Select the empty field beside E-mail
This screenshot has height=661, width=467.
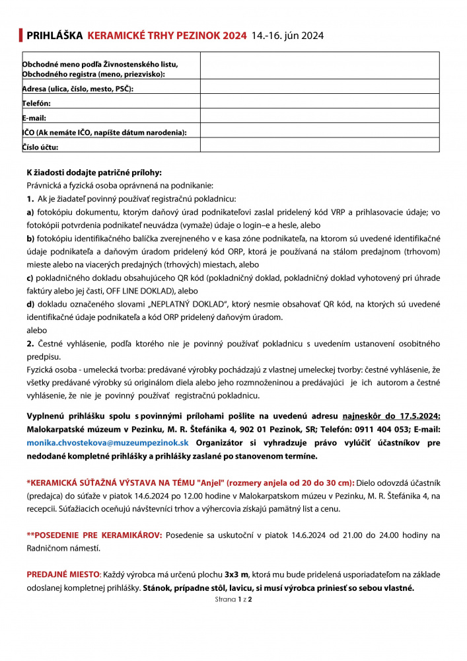[x=320, y=116]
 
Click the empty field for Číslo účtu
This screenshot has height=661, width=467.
[x=320, y=145]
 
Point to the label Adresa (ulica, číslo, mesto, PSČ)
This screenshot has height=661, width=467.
[x=78, y=89]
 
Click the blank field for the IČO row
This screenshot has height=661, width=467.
[x=320, y=130]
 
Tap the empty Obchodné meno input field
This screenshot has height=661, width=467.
[x=320, y=65]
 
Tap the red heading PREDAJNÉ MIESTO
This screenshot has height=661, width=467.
[x=63, y=574]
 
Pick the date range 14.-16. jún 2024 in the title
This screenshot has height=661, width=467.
[x=287, y=36]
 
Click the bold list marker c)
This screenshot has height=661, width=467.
[x=30, y=278]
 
